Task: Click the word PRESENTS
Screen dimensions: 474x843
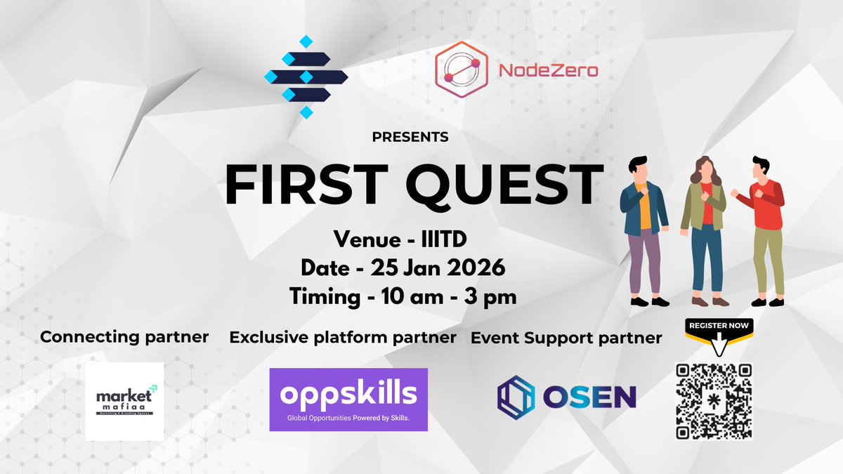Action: coord(410,137)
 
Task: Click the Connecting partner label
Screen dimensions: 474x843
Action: coord(124,337)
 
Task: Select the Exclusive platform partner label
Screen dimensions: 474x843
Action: coord(343,338)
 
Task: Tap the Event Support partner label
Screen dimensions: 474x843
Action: coord(566,338)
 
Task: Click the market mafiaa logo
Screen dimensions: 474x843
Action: coord(124,401)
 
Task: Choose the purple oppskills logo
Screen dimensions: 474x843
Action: coord(348,400)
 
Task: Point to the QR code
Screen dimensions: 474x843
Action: coord(714,401)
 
